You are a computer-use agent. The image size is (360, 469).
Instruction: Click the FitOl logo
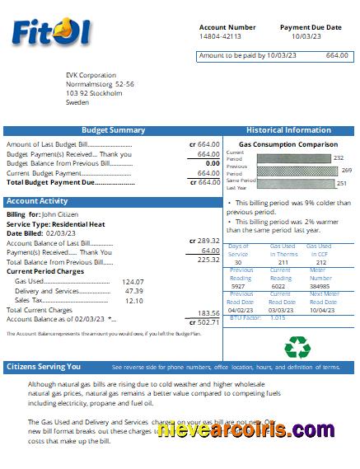(x=51, y=32)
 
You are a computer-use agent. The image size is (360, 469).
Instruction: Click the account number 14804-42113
(x=220, y=37)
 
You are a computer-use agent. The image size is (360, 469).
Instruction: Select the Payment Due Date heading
(x=311, y=27)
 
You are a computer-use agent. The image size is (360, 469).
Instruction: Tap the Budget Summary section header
(x=114, y=130)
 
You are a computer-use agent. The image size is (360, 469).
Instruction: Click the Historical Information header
(x=288, y=130)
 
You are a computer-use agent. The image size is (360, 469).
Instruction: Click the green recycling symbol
(x=296, y=345)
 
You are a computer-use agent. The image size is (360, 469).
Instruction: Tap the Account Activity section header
(x=37, y=201)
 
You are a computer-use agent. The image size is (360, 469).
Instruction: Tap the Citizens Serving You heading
(x=44, y=367)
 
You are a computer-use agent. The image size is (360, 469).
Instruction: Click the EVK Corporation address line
(x=91, y=75)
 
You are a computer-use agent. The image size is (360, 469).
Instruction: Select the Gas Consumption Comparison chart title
(x=288, y=144)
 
